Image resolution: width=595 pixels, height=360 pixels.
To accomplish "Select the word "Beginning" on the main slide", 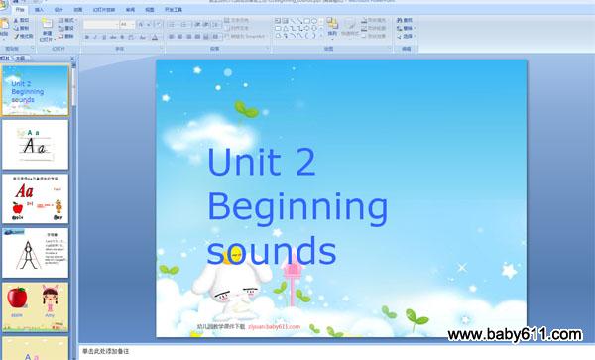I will (297, 208).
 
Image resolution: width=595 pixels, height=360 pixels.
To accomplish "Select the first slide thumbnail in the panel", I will (35, 90).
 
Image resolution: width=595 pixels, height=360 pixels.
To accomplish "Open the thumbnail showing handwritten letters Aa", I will (35, 144).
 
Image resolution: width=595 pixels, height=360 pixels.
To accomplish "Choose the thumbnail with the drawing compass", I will (35, 253).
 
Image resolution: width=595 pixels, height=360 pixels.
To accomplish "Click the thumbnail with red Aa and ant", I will (35, 198).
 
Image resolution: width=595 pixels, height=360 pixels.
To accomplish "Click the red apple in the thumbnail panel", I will (17, 298).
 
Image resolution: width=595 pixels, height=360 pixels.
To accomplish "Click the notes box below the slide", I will (297, 351).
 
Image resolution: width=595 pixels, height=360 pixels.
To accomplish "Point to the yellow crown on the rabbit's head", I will (234, 258).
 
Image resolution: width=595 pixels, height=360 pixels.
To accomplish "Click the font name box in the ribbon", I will (100, 24).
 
